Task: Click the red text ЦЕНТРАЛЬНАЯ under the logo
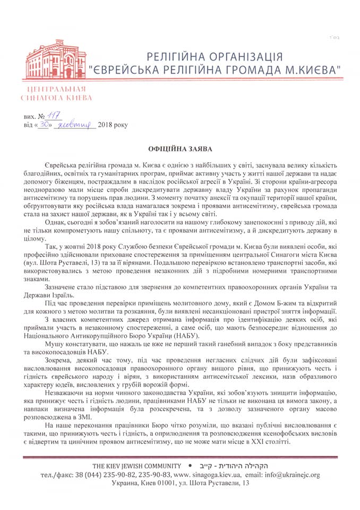pyautogui.click(x=55, y=89)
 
